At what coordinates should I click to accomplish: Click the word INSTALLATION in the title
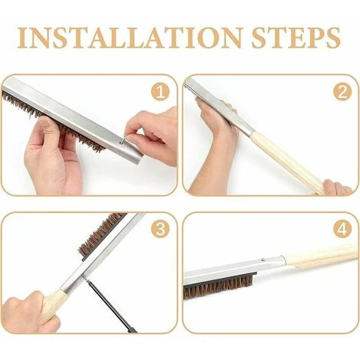click(x=129, y=38)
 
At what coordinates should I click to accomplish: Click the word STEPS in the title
click(x=296, y=38)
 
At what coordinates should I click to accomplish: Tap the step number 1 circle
click(x=160, y=92)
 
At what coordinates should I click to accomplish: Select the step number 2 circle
click(x=342, y=92)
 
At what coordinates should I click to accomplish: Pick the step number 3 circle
click(x=160, y=229)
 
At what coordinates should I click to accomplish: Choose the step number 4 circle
click(x=342, y=229)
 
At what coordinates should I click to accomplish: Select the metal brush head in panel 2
click(x=220, y=106)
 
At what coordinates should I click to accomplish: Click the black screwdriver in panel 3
click(x=110, y=306)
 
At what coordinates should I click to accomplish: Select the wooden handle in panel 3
click(x=54, y=305)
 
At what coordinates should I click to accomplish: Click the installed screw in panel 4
click(x=263, y=260)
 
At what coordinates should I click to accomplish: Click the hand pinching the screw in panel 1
click(x=151, y=136)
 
